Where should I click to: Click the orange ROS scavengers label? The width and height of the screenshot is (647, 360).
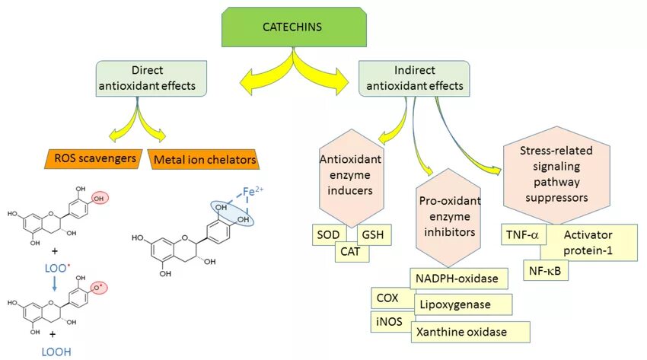point(96,158)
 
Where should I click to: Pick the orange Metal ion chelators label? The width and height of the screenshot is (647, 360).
point(203,160)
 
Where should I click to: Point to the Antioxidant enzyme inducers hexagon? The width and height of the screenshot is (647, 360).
point(349,174)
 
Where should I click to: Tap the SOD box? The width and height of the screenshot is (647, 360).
point(329,235)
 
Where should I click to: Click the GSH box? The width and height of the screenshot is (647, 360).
point(374,235)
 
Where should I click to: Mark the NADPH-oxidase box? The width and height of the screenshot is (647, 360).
point(457,279)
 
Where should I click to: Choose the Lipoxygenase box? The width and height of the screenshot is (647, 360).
point(463,304)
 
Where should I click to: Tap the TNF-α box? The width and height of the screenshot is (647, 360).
point(522,235)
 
